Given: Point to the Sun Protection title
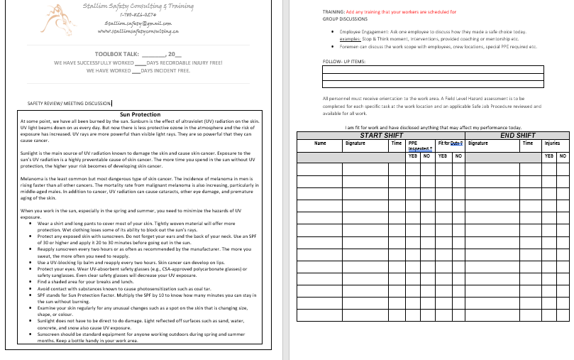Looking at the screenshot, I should [140, 114].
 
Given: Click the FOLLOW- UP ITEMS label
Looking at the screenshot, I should [344, 62].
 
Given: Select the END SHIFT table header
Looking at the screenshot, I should [517, 136].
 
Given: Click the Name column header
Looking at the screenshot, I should [320, 143].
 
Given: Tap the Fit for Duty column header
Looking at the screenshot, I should [450, 143].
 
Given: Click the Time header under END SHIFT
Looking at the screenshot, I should [527, 143].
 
